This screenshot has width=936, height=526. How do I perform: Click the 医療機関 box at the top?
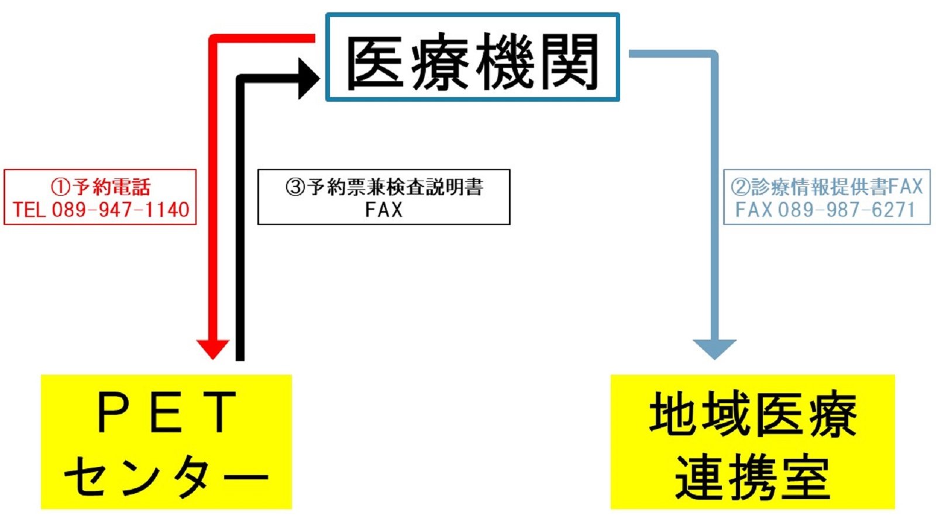[x=472, y=57]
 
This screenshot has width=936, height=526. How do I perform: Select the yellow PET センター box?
[x=166, y=441]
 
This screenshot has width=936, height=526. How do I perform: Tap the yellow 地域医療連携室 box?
[x=752, y=441]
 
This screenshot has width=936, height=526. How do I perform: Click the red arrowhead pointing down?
[x=212, y=348]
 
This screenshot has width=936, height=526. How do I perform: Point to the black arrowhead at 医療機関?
[x=308, y=78]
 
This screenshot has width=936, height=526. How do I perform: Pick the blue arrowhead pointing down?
[x=714, y=348]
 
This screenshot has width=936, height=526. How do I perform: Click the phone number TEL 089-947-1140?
[x=101, y=209]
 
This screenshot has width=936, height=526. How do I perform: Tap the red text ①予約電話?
[x=101, y=187]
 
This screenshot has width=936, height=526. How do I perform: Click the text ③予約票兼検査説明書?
[x=384, y=187]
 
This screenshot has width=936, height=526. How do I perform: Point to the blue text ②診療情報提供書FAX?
[x=826, y=187]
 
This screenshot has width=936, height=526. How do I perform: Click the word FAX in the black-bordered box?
[x=384, y=209]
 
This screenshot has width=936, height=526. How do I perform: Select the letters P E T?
[x=166, y=413]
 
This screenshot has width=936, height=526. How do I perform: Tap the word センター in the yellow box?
[x=166, y=476]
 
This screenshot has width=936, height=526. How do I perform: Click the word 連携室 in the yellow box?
[x=752, y=476]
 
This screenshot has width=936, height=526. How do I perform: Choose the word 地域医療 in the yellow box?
[x=752, y=415]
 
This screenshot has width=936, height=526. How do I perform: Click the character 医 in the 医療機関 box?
[x=374, y=62]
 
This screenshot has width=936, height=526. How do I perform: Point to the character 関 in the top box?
[x=569, y=62]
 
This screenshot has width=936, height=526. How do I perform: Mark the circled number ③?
[x=295, y=187]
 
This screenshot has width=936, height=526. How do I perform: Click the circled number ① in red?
[x=60, y=187]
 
